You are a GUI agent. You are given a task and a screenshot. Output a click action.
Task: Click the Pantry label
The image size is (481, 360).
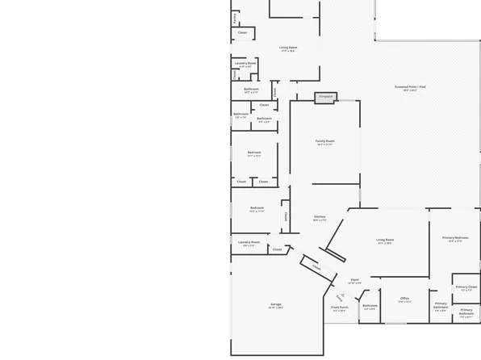point(234,17)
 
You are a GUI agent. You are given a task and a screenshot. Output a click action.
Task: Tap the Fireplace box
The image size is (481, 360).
point(325,97)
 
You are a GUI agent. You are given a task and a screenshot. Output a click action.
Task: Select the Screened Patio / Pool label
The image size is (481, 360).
point(411,86)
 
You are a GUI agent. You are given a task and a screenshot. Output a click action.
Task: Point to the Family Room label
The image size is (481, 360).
point(324,141)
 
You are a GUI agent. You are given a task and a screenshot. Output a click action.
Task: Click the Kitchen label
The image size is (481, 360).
point(320,216)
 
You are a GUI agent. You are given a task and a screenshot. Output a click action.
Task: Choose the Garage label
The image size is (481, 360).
point(276,304)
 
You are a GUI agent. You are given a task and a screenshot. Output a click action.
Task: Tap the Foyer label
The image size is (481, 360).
point(354,279)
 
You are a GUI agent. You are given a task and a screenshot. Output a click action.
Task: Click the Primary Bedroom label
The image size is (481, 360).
point(455,237)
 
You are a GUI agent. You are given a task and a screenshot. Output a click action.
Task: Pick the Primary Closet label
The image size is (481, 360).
point(466,287)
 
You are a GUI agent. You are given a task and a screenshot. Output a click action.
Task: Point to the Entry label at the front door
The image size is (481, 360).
point(340,297)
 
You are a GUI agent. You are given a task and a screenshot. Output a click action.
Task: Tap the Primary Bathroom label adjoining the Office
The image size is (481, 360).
point(441,305)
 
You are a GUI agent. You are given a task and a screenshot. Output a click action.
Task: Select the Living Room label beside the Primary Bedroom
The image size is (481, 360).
point(384,240)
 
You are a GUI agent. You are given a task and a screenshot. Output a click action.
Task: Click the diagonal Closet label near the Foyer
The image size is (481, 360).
point(316,267)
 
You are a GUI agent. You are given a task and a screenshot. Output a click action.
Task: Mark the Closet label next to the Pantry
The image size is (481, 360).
point(242,32)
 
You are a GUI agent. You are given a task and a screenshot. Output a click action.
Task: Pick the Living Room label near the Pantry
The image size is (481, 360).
point(288,48)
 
